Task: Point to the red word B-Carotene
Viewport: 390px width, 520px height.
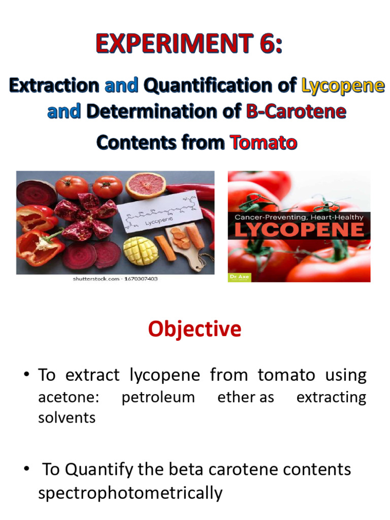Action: point(296,111)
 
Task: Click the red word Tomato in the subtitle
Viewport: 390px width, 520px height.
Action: point(264,142)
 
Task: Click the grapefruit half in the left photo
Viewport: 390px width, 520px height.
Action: point(146,185)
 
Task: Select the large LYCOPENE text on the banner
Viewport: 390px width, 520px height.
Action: point(299,229)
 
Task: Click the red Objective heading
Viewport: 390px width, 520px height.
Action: point(194,329)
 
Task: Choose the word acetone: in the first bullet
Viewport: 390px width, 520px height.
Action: point(69,397)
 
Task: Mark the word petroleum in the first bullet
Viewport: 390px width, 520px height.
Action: point(158,397)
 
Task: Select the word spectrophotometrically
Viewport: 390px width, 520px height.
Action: point(130,493)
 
